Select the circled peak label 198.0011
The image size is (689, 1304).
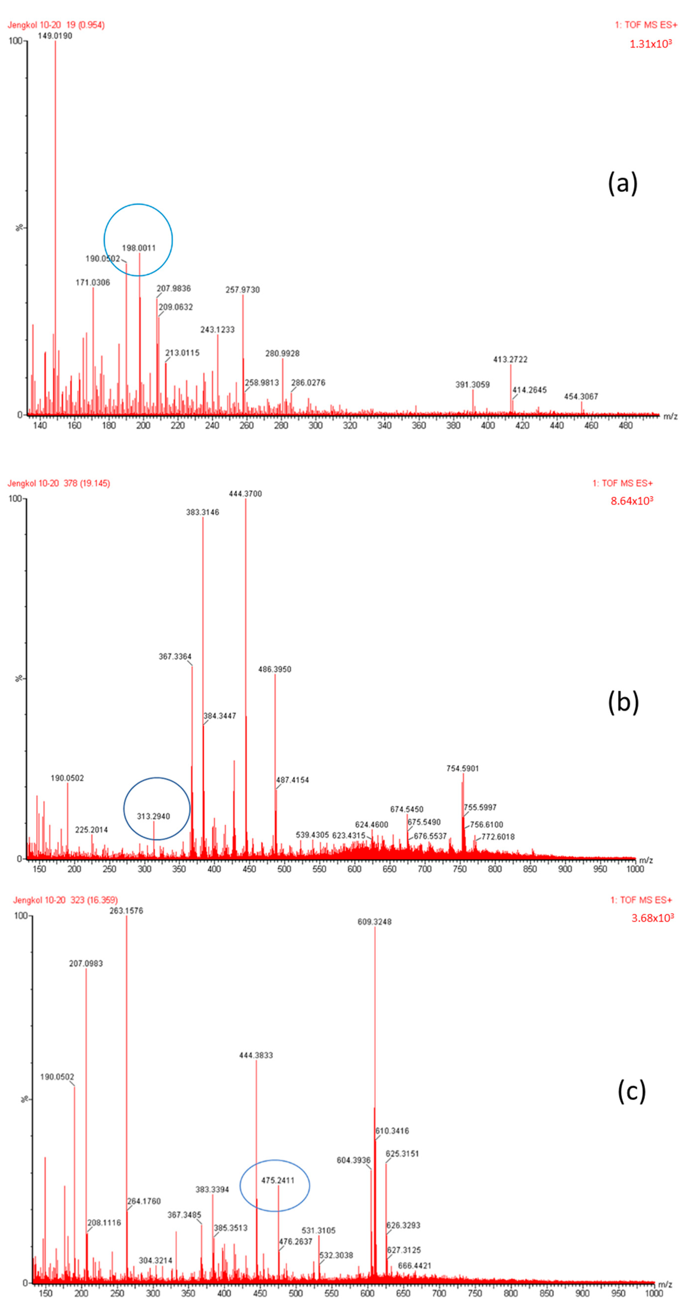tap(139, 248)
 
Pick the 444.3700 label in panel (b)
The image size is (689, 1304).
tap(245, 493)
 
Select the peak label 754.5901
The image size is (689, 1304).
tap(462, 768)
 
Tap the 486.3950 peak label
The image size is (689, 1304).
tap(275, 669)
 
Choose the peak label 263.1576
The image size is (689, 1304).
tap(127, 911)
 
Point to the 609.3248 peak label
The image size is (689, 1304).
tap(374, 922)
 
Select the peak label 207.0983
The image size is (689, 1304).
tap(86, 963)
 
